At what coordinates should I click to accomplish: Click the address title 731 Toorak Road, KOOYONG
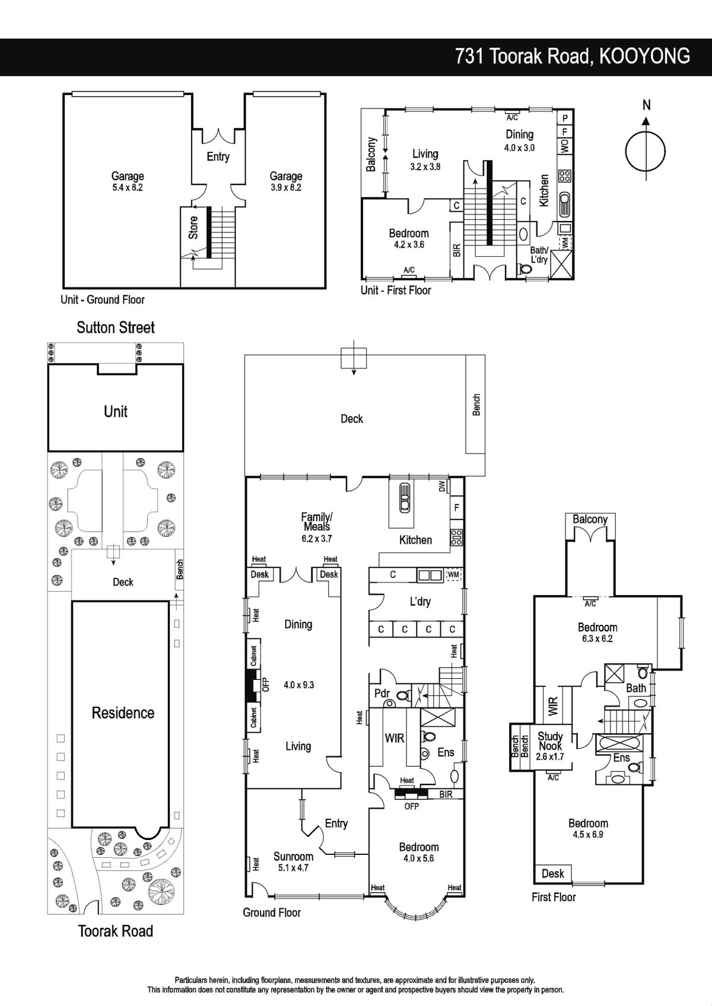coord(573,56)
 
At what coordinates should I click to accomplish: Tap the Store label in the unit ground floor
coord(193,228)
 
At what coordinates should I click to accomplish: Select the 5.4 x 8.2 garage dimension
coord(128,188)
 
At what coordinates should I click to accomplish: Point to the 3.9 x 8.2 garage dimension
coord(286,188)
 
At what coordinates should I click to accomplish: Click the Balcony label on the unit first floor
coord(371,155)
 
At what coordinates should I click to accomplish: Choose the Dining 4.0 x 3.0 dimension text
coord(520,148)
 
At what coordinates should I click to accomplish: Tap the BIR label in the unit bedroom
coord(457,250)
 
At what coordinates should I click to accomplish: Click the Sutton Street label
coord(116,328)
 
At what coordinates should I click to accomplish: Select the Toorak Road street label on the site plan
coord(116,931)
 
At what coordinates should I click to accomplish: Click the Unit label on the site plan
coord(116,411)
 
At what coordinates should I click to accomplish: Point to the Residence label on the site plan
coord(123,713)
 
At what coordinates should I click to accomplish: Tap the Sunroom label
coord(293,857)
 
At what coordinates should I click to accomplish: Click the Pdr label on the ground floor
coord(382,694)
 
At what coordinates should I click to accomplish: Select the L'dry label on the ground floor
coord(420,601)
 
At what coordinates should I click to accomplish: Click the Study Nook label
coord(550,741)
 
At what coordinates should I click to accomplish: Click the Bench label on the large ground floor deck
coord(477,405)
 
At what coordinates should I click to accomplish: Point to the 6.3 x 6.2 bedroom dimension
coord(597,638)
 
